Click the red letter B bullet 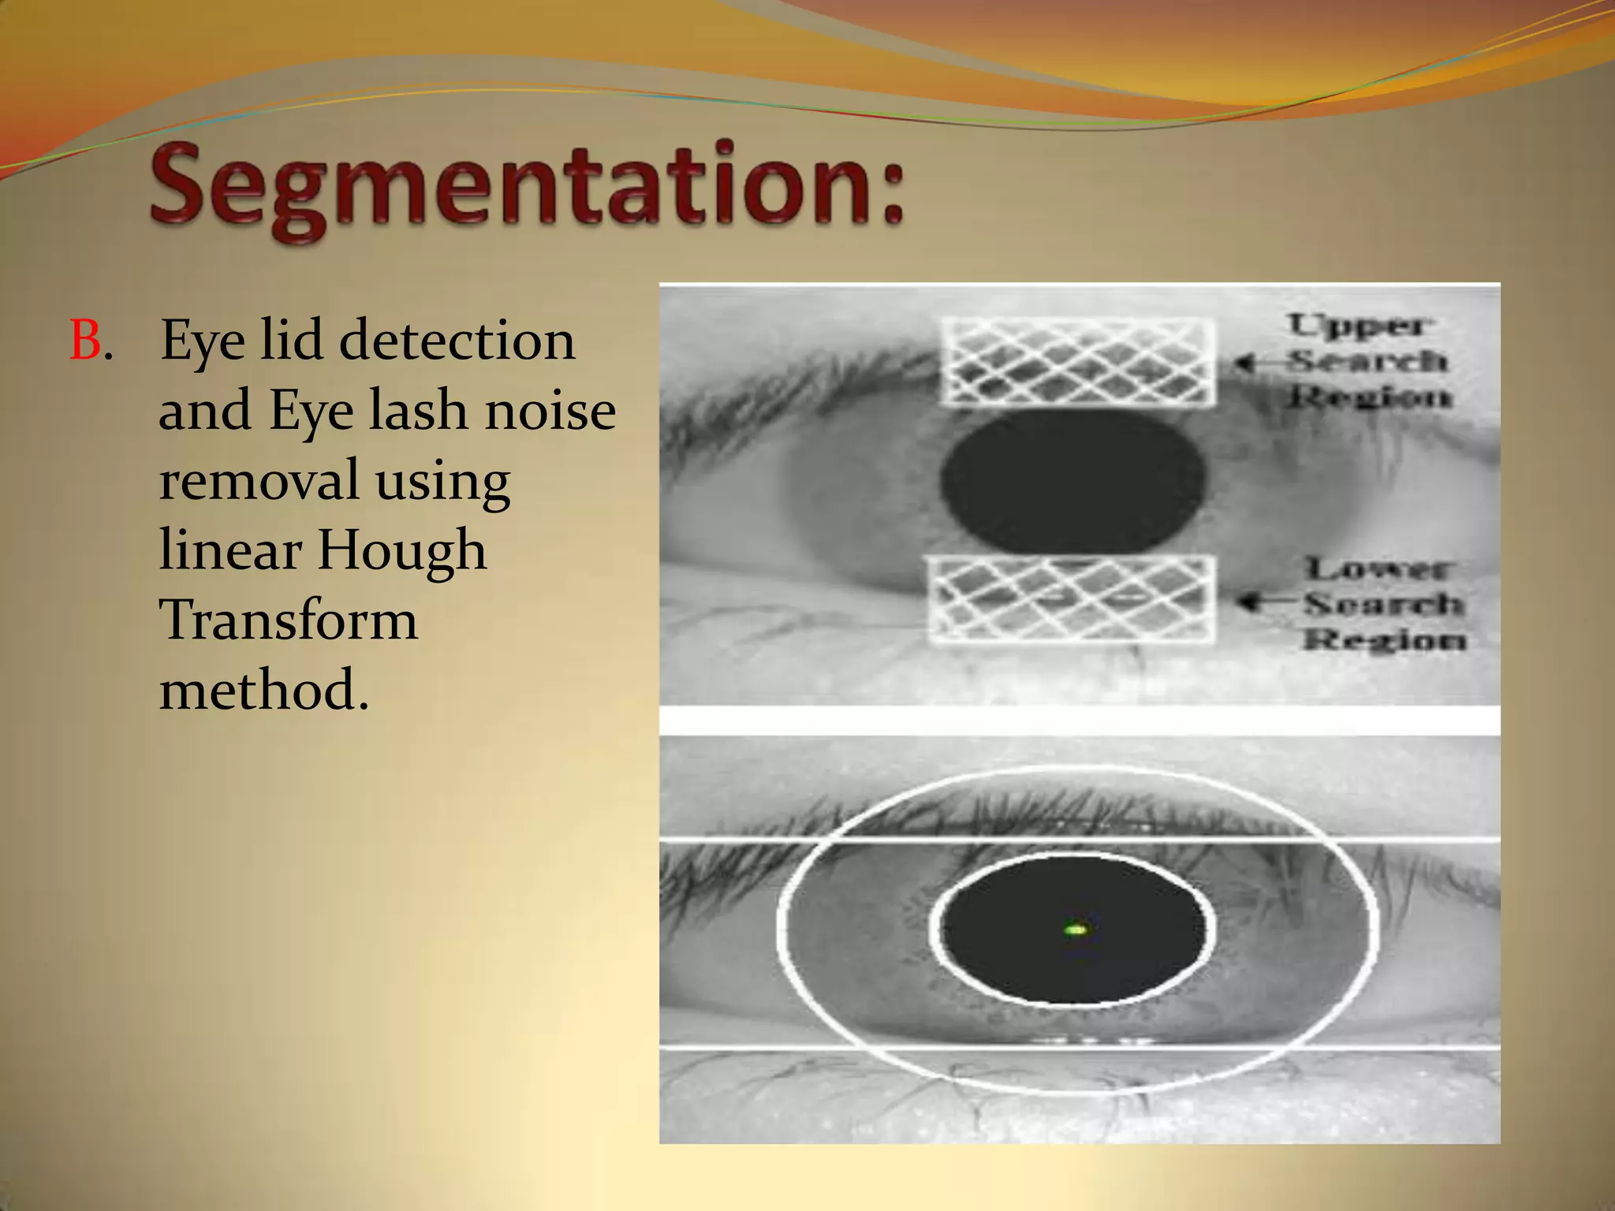(x=85, y=341)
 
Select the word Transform (x=289, y=620)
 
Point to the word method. (x=264, y=689)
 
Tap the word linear (x=230, y=550)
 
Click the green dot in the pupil (x=1075, y=930)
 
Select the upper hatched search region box (x=1077, y=361)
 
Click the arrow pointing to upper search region (x=1254, y=363)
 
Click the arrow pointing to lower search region (x=1262, y=603)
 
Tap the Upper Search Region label (x=1368, y=360)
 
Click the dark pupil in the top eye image (x=1072, y=481)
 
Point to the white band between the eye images (x=1079, y=720)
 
